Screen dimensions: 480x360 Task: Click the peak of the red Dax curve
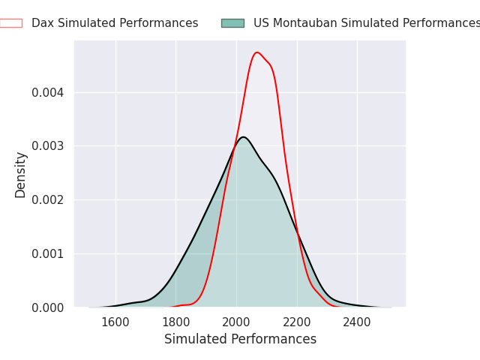click(x=256, y=52)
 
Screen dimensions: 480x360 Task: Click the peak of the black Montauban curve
click(x=243, y=136)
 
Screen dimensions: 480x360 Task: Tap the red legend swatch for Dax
click(x=11, y=23)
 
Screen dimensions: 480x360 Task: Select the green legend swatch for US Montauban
click(x=233, y=23)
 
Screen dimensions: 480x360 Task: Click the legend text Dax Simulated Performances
click(x=115, y=23)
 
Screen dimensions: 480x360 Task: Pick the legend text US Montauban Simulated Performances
click(x=367, y=23)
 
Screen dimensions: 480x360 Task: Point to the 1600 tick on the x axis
click(x=115, y=322)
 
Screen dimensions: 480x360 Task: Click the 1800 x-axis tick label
click(x=175, y=322)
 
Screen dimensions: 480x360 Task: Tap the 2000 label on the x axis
click(x=236, y=322)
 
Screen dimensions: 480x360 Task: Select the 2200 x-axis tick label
click(x=297, y=322)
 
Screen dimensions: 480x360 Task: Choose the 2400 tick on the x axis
click(x=357, y=322)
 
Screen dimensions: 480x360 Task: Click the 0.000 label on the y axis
click(x=48, y=308)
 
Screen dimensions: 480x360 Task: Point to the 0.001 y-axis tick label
click(x=48, y=254)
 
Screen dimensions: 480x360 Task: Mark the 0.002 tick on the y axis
click(x=48, y=200)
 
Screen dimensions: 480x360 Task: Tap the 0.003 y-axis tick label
click(x=48, y=146)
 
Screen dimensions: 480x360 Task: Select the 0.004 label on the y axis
click(x=48, y=92)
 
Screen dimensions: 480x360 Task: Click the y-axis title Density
click(x=20, y=175)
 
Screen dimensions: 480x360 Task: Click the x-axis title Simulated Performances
click(x=240, y=339)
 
